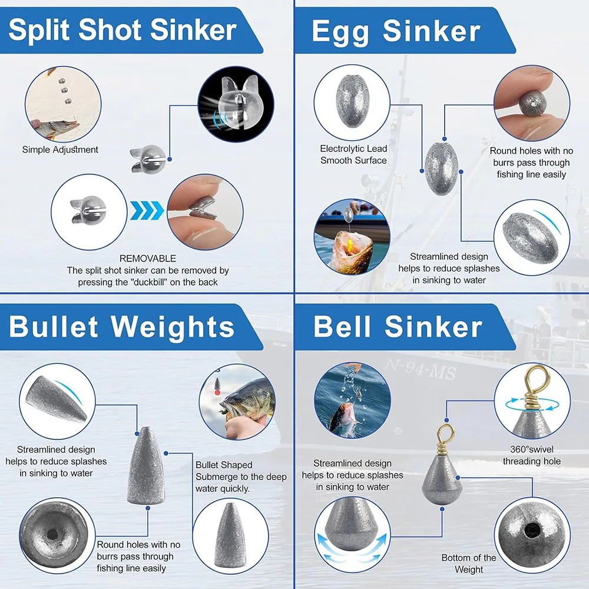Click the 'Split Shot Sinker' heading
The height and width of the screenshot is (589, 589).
[123, 30]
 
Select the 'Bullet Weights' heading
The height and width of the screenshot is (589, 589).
[122, 327]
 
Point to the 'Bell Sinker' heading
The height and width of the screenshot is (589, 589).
[398, 327]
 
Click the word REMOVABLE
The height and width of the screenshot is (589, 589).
[148, 259]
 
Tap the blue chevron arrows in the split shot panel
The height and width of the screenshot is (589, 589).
[147, 210]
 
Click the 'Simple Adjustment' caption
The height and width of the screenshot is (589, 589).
[60, 150]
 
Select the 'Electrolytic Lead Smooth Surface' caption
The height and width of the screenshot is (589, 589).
[353, 154]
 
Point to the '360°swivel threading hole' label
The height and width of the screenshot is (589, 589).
[531, 455]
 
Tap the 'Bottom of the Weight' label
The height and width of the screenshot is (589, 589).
[469, 564]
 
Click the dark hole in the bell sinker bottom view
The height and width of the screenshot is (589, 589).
[532, 531]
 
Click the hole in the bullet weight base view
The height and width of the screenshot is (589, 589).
[52, 534]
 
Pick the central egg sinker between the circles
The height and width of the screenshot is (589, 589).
[441, 168]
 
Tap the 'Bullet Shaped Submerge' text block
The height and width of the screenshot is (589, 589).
[241, 477]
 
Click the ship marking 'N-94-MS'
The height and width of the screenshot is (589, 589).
[421, 369]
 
